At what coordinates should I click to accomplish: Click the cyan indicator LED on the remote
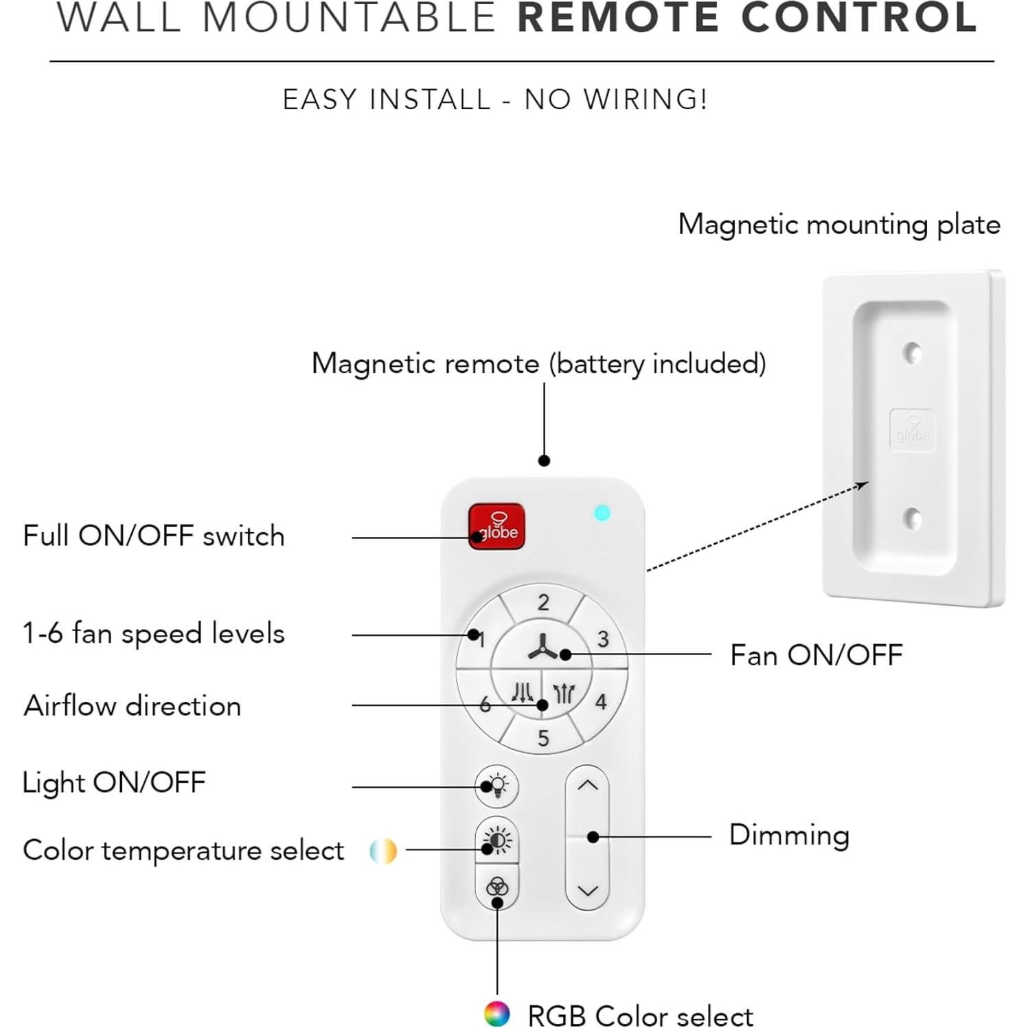(x=602, y=513)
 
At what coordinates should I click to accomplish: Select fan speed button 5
(x=542, y=738)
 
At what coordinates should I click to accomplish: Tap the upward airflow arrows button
(x=563, y=693)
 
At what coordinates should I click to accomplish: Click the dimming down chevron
(x=587, y=891)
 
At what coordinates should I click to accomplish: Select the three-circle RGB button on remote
(x=496, y=887)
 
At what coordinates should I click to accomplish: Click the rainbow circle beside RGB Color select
(x=496, y=1014)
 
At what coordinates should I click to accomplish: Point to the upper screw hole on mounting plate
(x=911, y=353)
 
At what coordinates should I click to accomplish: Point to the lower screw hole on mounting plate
(x=911, y=518)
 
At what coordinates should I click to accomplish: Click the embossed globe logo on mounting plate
(x=911, y=431)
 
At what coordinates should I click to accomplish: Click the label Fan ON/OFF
(x=816, y=655)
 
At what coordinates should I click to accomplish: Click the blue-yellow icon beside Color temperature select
(x=383, y=851)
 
